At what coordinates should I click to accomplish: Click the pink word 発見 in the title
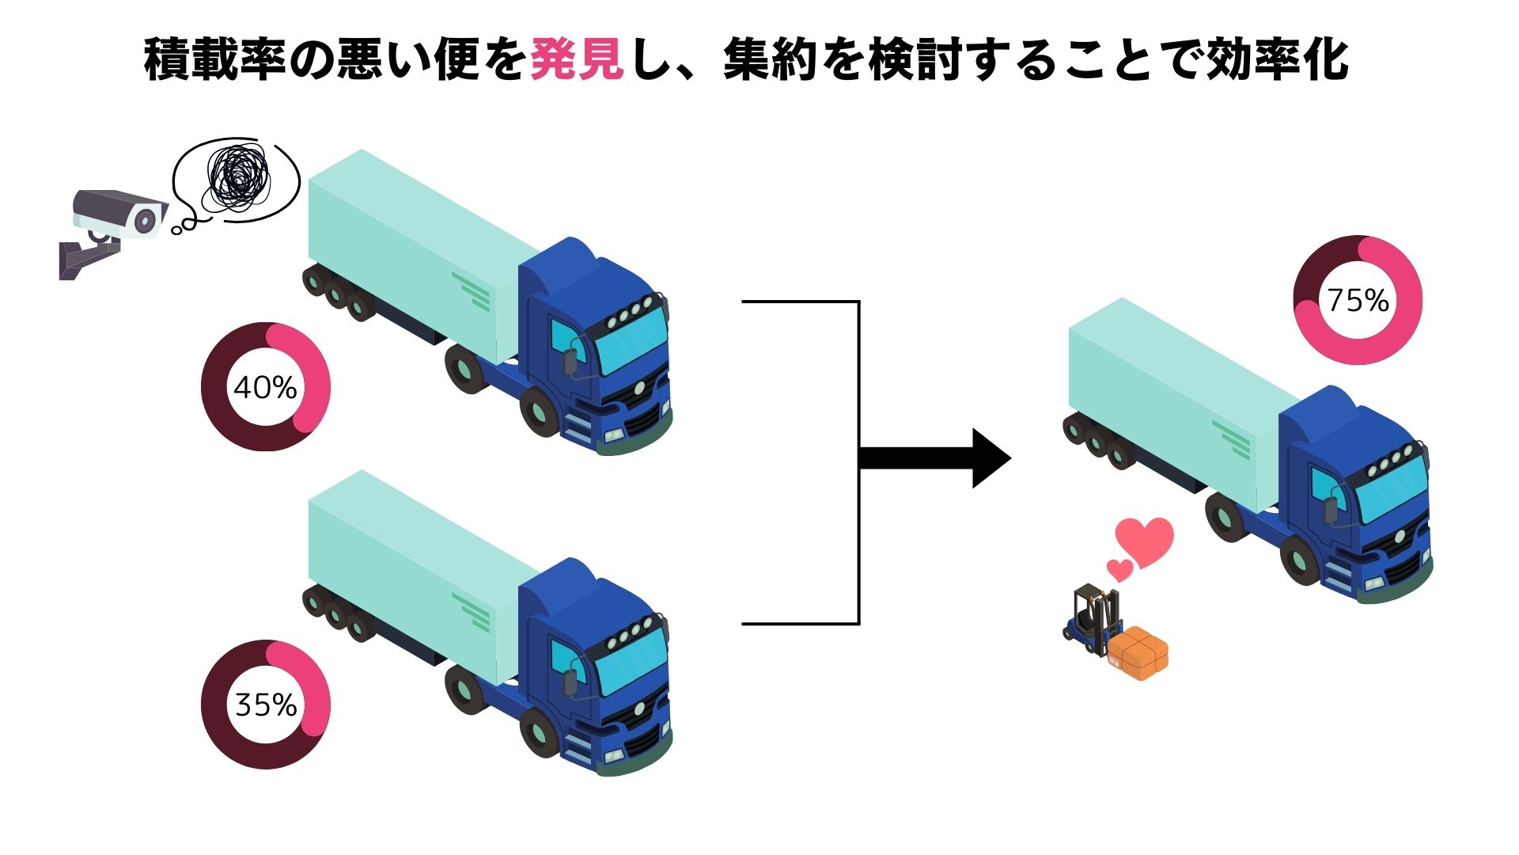point(576,59)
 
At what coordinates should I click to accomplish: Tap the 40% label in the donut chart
point(266,387)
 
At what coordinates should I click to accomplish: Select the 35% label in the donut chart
point(266,705)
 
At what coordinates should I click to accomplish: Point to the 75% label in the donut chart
point(1358,301)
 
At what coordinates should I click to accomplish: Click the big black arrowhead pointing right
point(989,458)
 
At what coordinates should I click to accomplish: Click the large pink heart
point(1144,541)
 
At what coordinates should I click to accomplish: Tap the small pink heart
point(1119,568)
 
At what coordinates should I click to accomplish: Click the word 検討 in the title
point(914,59)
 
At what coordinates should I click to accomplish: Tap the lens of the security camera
point(146,220)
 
